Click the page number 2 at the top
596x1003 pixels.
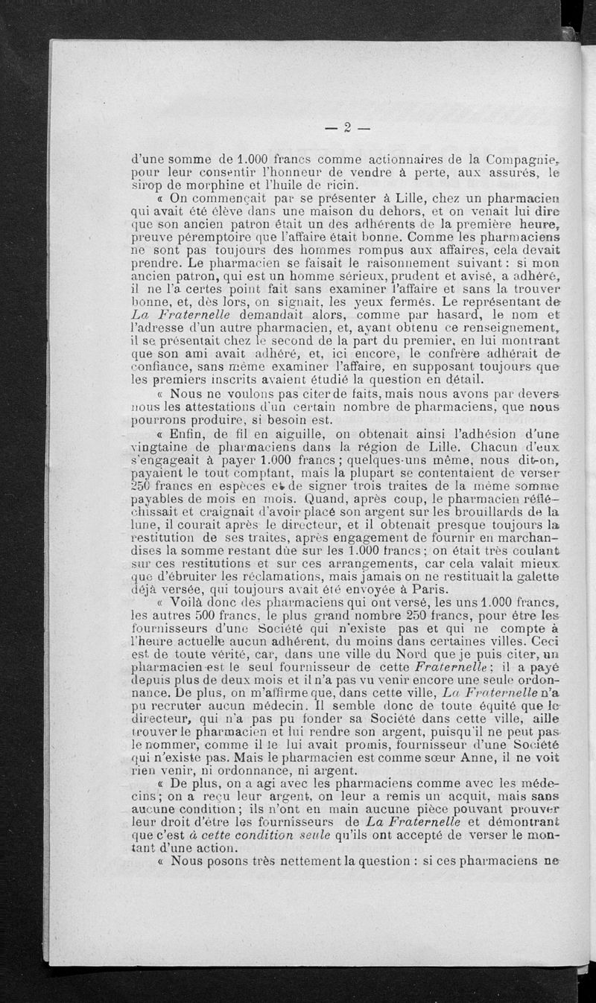347,127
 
